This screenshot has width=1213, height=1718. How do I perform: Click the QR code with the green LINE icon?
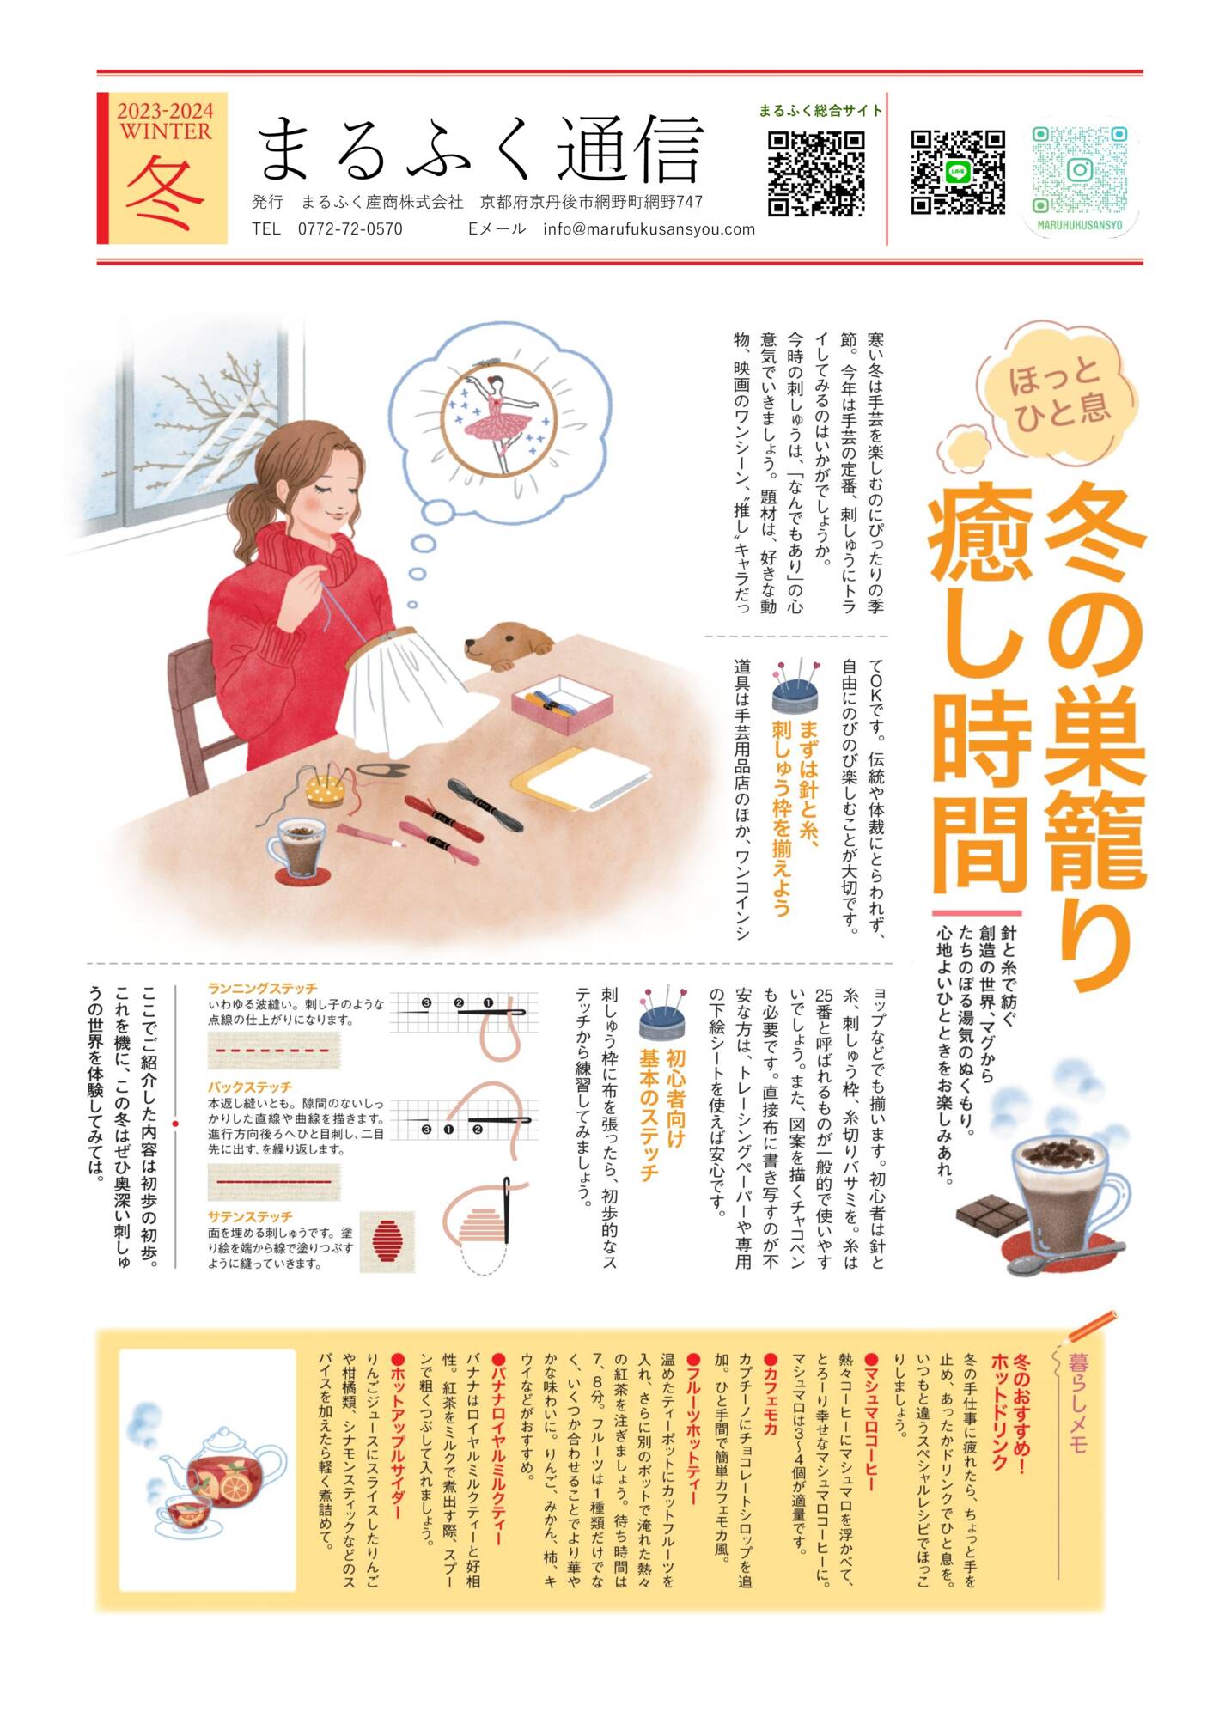click(957, 172)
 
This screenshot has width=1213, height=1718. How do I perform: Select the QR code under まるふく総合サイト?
click(815, 173)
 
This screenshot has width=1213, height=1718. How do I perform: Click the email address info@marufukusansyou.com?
click(649, 229)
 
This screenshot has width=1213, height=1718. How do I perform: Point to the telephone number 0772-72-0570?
click(350, 229)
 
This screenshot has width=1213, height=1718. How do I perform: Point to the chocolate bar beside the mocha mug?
click(991, 1214)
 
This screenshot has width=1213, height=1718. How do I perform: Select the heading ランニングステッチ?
click(262, 989)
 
